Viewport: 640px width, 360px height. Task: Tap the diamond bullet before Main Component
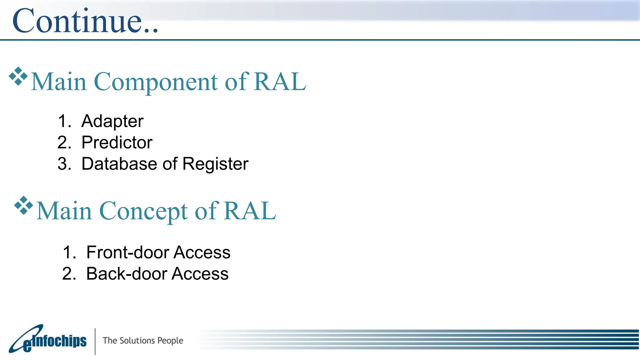18,76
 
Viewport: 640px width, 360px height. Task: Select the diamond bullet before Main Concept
23,205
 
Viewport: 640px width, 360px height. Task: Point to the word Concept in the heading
143,211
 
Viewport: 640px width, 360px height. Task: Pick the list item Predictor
117,142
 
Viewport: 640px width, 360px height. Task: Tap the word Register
215,164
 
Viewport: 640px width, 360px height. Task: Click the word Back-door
126,274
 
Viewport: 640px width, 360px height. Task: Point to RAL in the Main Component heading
280,82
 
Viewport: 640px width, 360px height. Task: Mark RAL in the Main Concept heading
250,211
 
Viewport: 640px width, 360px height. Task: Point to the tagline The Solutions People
143,340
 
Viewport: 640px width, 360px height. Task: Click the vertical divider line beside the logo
95,341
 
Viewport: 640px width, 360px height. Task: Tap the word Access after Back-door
200,274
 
